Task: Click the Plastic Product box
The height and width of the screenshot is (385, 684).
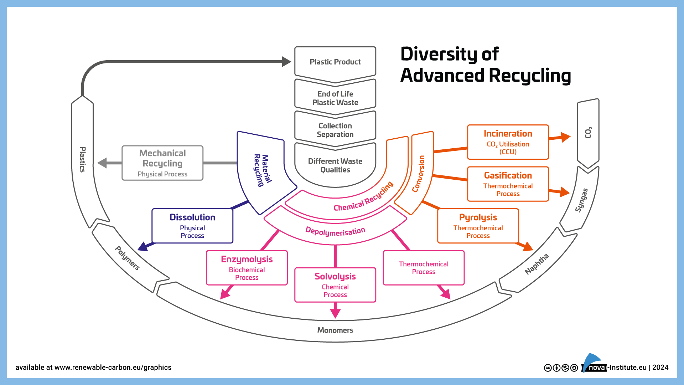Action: (x=335, y=62)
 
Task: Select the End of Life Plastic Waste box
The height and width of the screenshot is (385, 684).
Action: (x=335, y=98)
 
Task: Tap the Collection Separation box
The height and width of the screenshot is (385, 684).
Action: (x=335, y=130)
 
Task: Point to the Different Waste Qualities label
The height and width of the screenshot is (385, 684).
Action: (x=335, y=165)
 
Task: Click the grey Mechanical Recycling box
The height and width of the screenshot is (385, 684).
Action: (x=162, y=163)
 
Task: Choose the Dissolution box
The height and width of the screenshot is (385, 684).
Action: (x=192, y=226)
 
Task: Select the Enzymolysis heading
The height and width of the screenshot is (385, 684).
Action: (x=247, y=259)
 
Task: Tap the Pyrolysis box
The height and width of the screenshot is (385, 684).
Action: (x=478, y=226)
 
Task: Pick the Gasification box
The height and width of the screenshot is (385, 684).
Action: (x=508, y=184)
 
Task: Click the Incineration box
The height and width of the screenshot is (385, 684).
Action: (x=508, y=142)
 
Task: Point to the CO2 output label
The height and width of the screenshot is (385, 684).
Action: (x=588, y=133)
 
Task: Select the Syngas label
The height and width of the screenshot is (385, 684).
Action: (x=581, y=200)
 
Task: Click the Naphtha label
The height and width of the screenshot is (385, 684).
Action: (x=537, y=264)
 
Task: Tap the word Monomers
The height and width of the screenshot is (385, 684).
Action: (x=335, y=330)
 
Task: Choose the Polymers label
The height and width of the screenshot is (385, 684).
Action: (x=127, y=258)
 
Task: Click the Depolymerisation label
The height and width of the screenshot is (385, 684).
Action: (x=335, y=231)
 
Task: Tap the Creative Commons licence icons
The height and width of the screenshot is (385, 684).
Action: (x=561, y=368)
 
